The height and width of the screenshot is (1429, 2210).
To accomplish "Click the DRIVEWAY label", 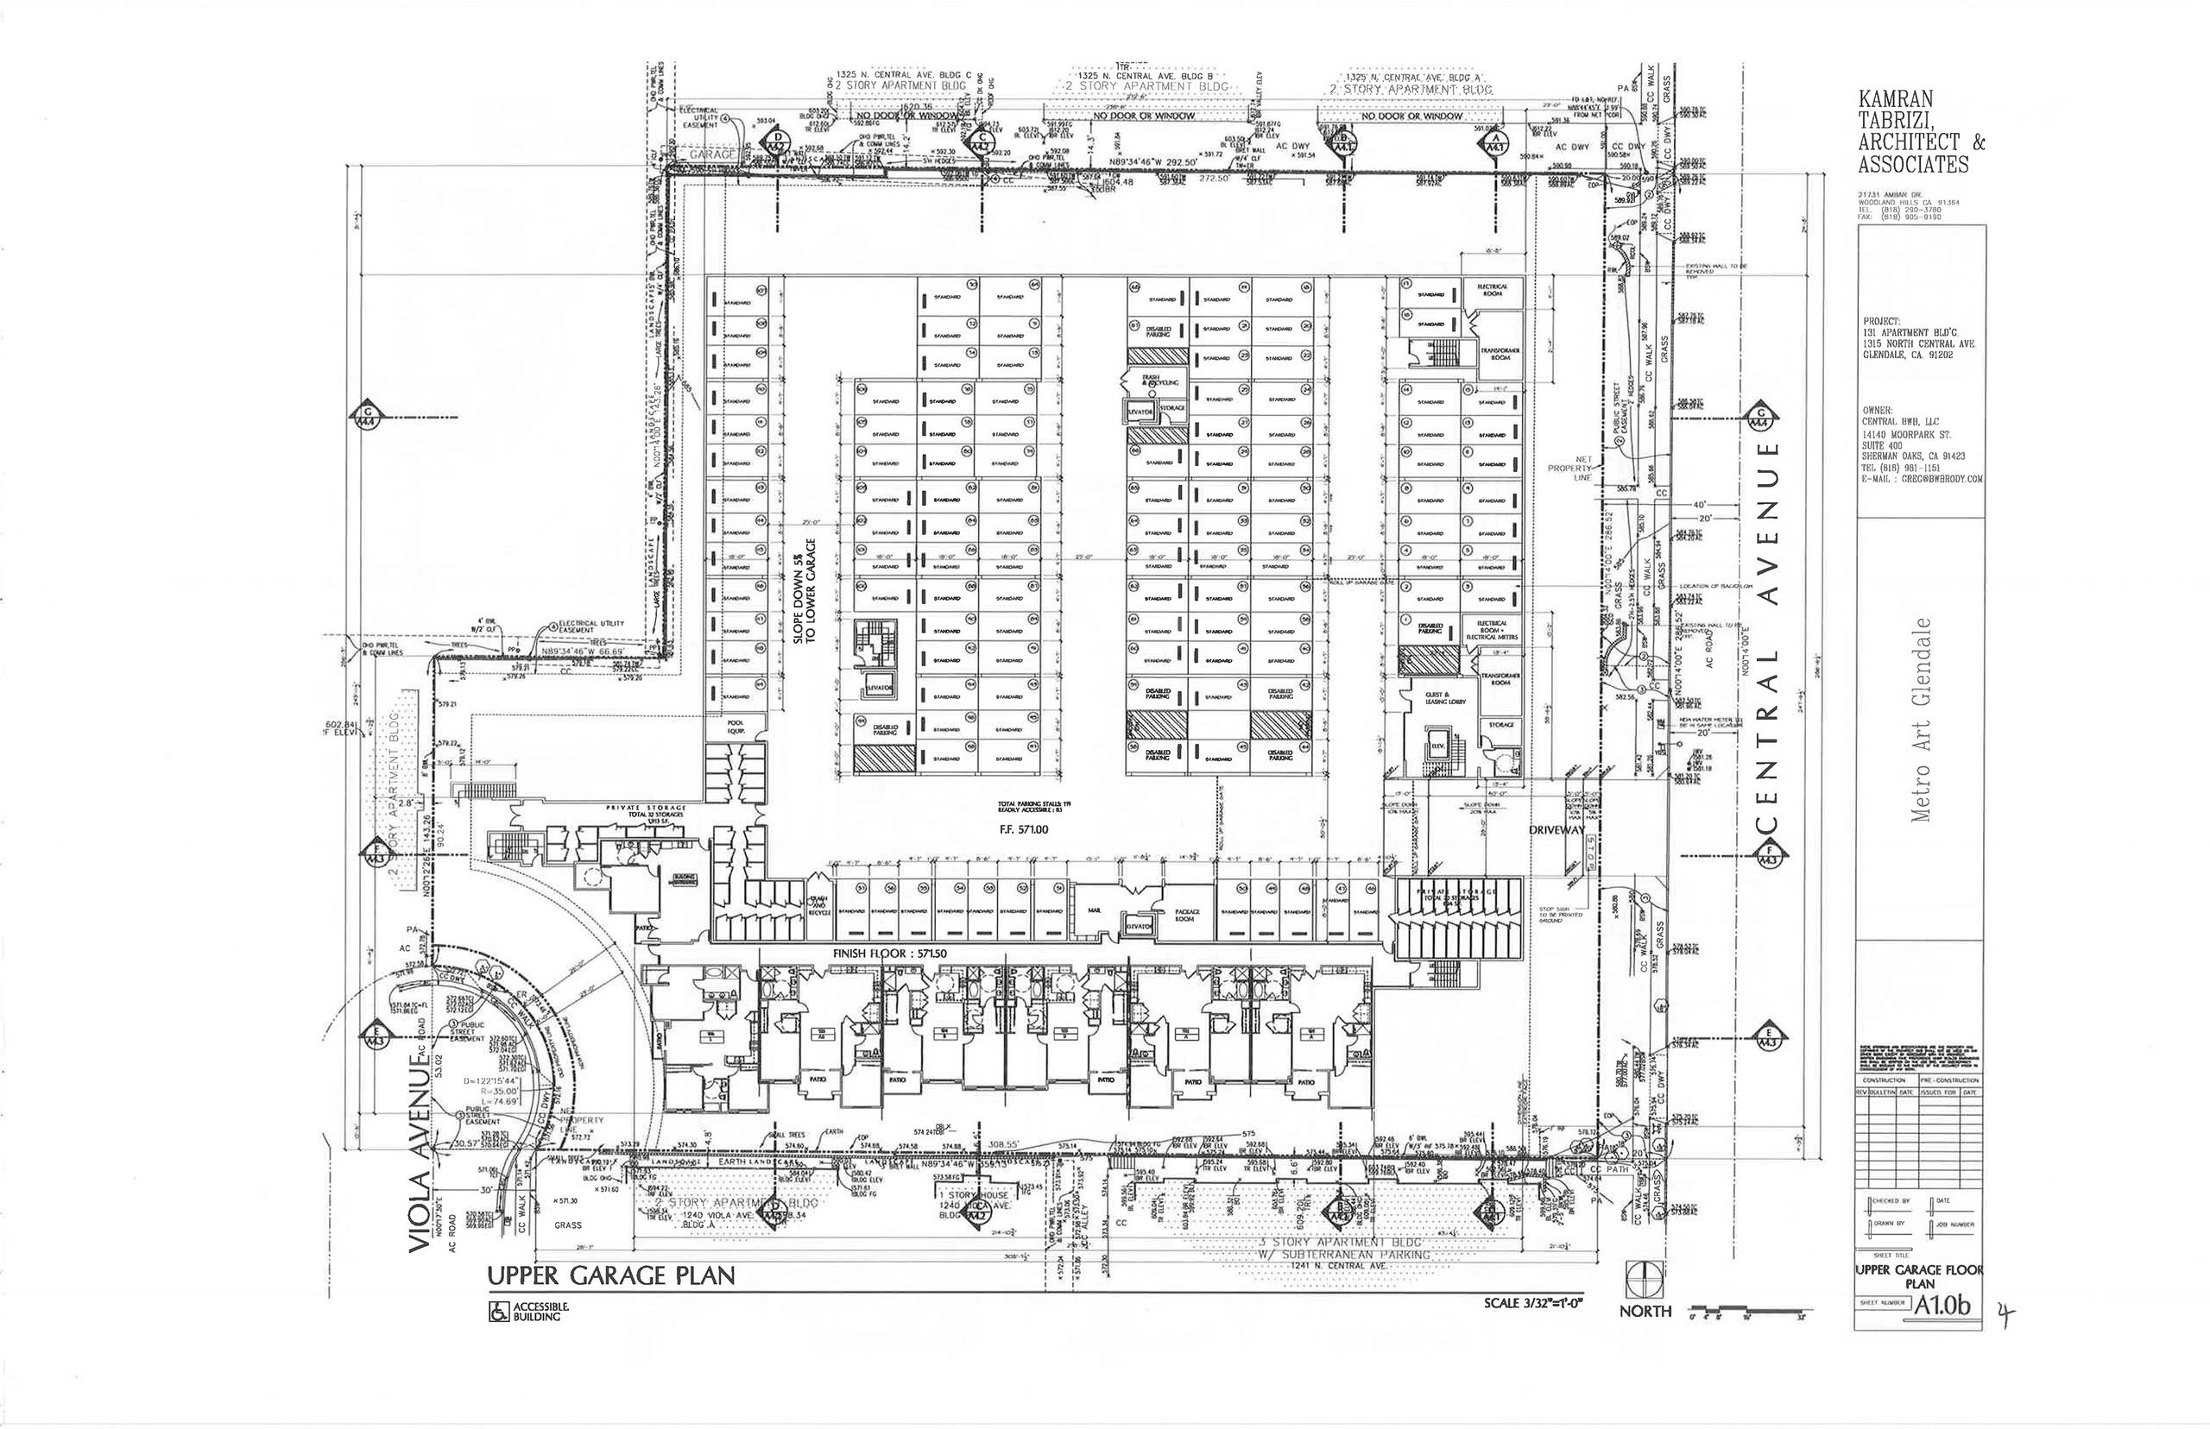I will coord(1556,829).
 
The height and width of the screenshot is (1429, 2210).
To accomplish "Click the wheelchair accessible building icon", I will coord(498,1313).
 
